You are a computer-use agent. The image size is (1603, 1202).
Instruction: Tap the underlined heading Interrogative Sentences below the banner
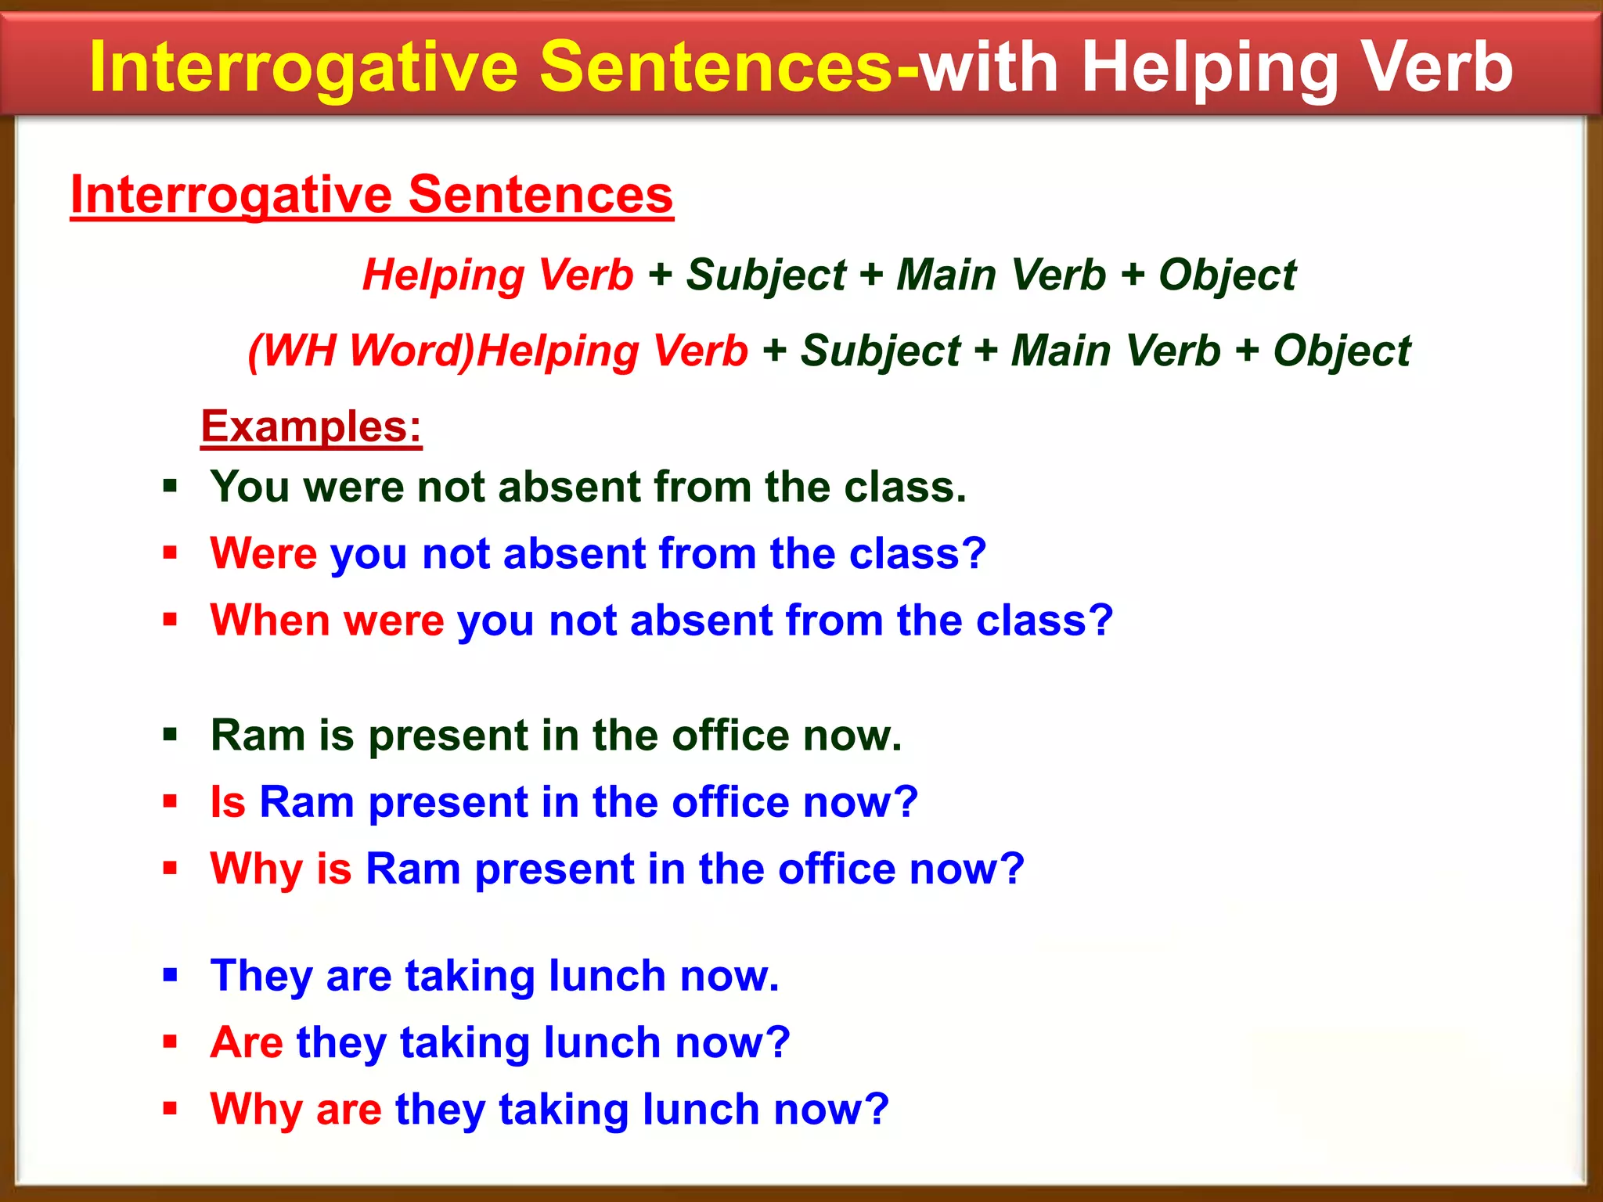372,195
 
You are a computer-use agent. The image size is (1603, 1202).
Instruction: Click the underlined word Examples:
311,427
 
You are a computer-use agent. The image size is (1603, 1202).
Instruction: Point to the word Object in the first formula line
1227,275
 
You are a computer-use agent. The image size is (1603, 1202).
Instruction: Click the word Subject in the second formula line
880,351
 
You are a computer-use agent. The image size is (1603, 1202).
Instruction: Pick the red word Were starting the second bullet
263,554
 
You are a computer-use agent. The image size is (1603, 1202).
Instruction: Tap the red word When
270,621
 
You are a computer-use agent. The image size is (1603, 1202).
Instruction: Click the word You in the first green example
250,487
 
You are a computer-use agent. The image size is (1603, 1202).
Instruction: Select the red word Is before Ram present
228,802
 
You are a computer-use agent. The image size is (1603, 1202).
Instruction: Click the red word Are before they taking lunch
247,1042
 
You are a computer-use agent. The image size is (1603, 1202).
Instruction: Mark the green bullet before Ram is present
170,735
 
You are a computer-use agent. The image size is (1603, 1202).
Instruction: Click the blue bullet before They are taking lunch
170,975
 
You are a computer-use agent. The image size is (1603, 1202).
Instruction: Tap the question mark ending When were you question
1100,621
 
